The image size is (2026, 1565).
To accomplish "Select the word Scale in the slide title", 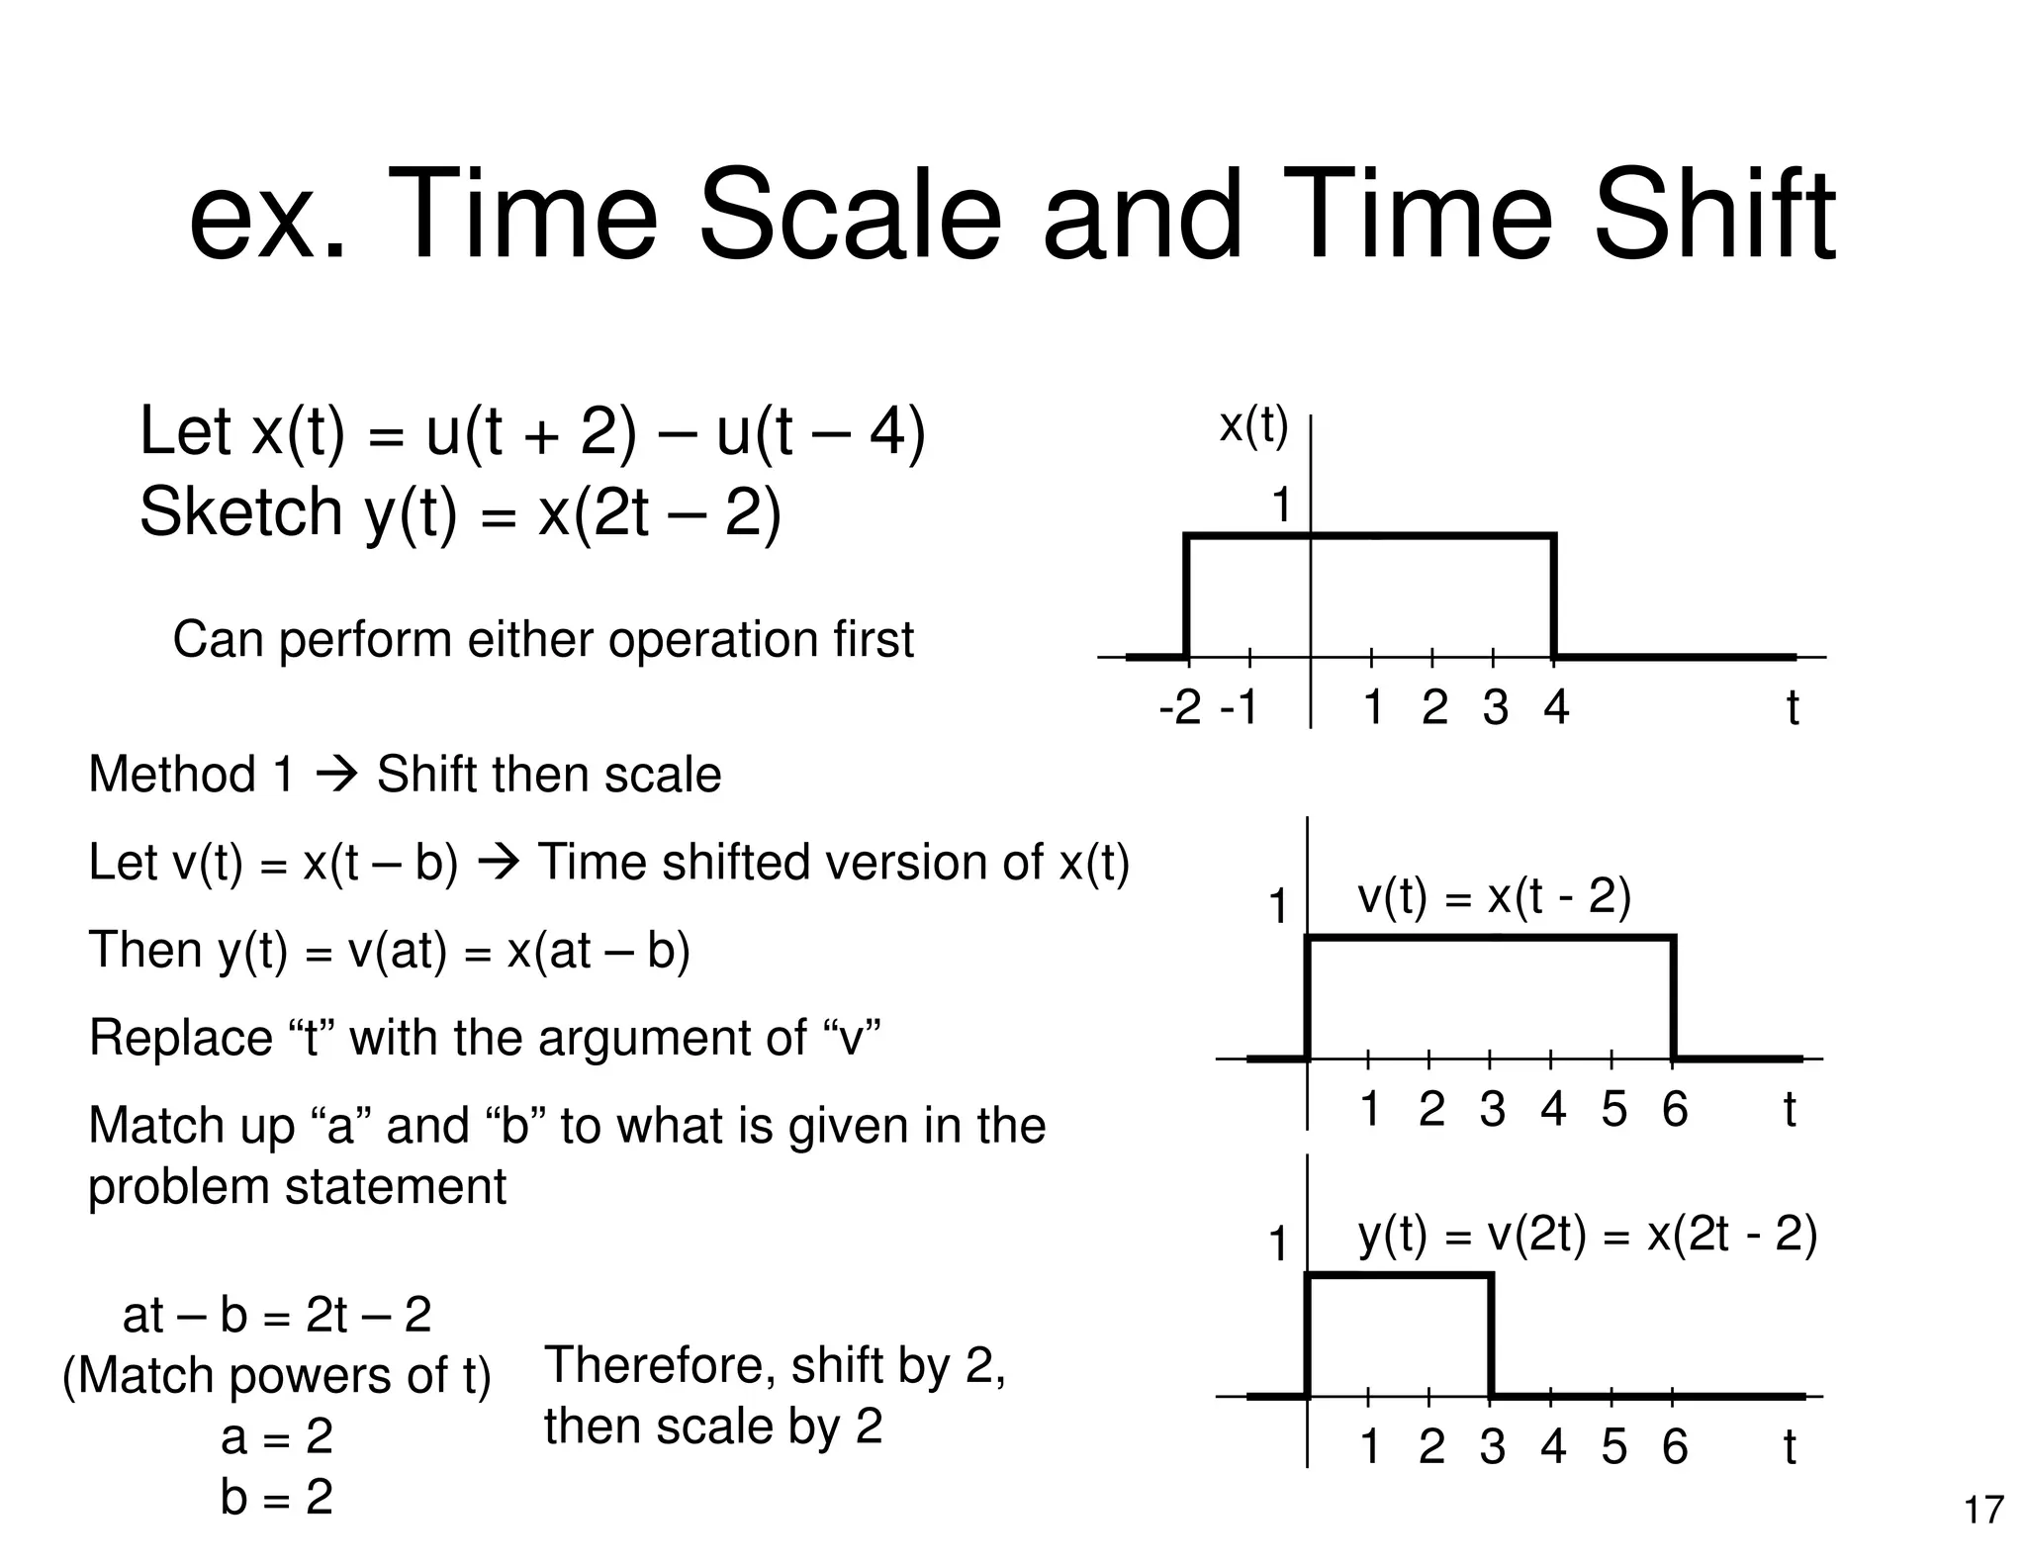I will (851, 217).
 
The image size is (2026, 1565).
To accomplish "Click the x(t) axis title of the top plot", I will (1253, 426).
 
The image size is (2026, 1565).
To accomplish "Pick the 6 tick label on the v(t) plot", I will (1674, 1109).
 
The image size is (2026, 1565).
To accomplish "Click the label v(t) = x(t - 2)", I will (1494, 897).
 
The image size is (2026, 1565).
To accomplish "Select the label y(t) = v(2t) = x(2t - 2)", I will (1587, 1235).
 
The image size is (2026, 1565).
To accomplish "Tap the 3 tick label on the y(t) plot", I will (1492, 1447).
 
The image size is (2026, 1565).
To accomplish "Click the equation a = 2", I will (277, 1435).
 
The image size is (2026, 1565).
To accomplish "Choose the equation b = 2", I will (277, 1497).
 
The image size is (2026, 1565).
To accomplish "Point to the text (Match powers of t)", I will (277, 1376).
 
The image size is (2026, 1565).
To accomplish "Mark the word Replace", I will (180, 1039).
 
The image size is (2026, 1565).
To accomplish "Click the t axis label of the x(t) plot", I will (1792, 708).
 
